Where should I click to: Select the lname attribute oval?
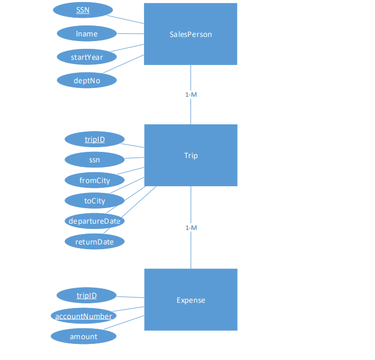[87, 34]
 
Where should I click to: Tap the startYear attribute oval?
[87, 57]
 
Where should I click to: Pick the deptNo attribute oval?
[87, 80]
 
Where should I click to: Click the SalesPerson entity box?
[190, 34]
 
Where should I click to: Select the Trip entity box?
[190, 156]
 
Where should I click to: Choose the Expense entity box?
[190, 300]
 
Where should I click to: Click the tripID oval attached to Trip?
[95, 139]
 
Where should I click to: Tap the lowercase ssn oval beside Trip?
[95, 160]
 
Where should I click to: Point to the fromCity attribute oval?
[95, 180]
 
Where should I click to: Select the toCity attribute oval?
[95, 200]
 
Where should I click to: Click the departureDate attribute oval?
[95, 221]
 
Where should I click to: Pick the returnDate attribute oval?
[95, 241]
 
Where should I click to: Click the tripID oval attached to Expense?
[86, 295]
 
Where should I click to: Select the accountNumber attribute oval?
[83, 316]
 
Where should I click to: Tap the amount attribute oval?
[83, 337]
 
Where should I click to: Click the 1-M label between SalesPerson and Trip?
[191, 95]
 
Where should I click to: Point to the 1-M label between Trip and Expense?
[191, 228]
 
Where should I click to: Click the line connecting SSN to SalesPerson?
[128, 18]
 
